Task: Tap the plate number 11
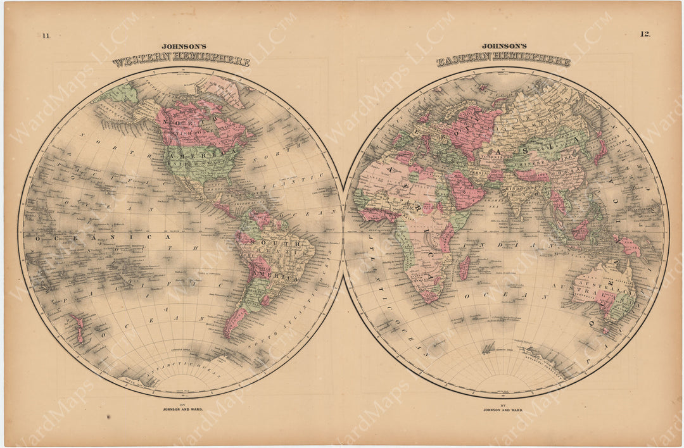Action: tap(46, 35)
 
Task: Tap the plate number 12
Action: tap(645, 34)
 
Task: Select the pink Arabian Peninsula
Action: tap(465, 190)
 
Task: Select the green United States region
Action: tap(196, 161)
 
